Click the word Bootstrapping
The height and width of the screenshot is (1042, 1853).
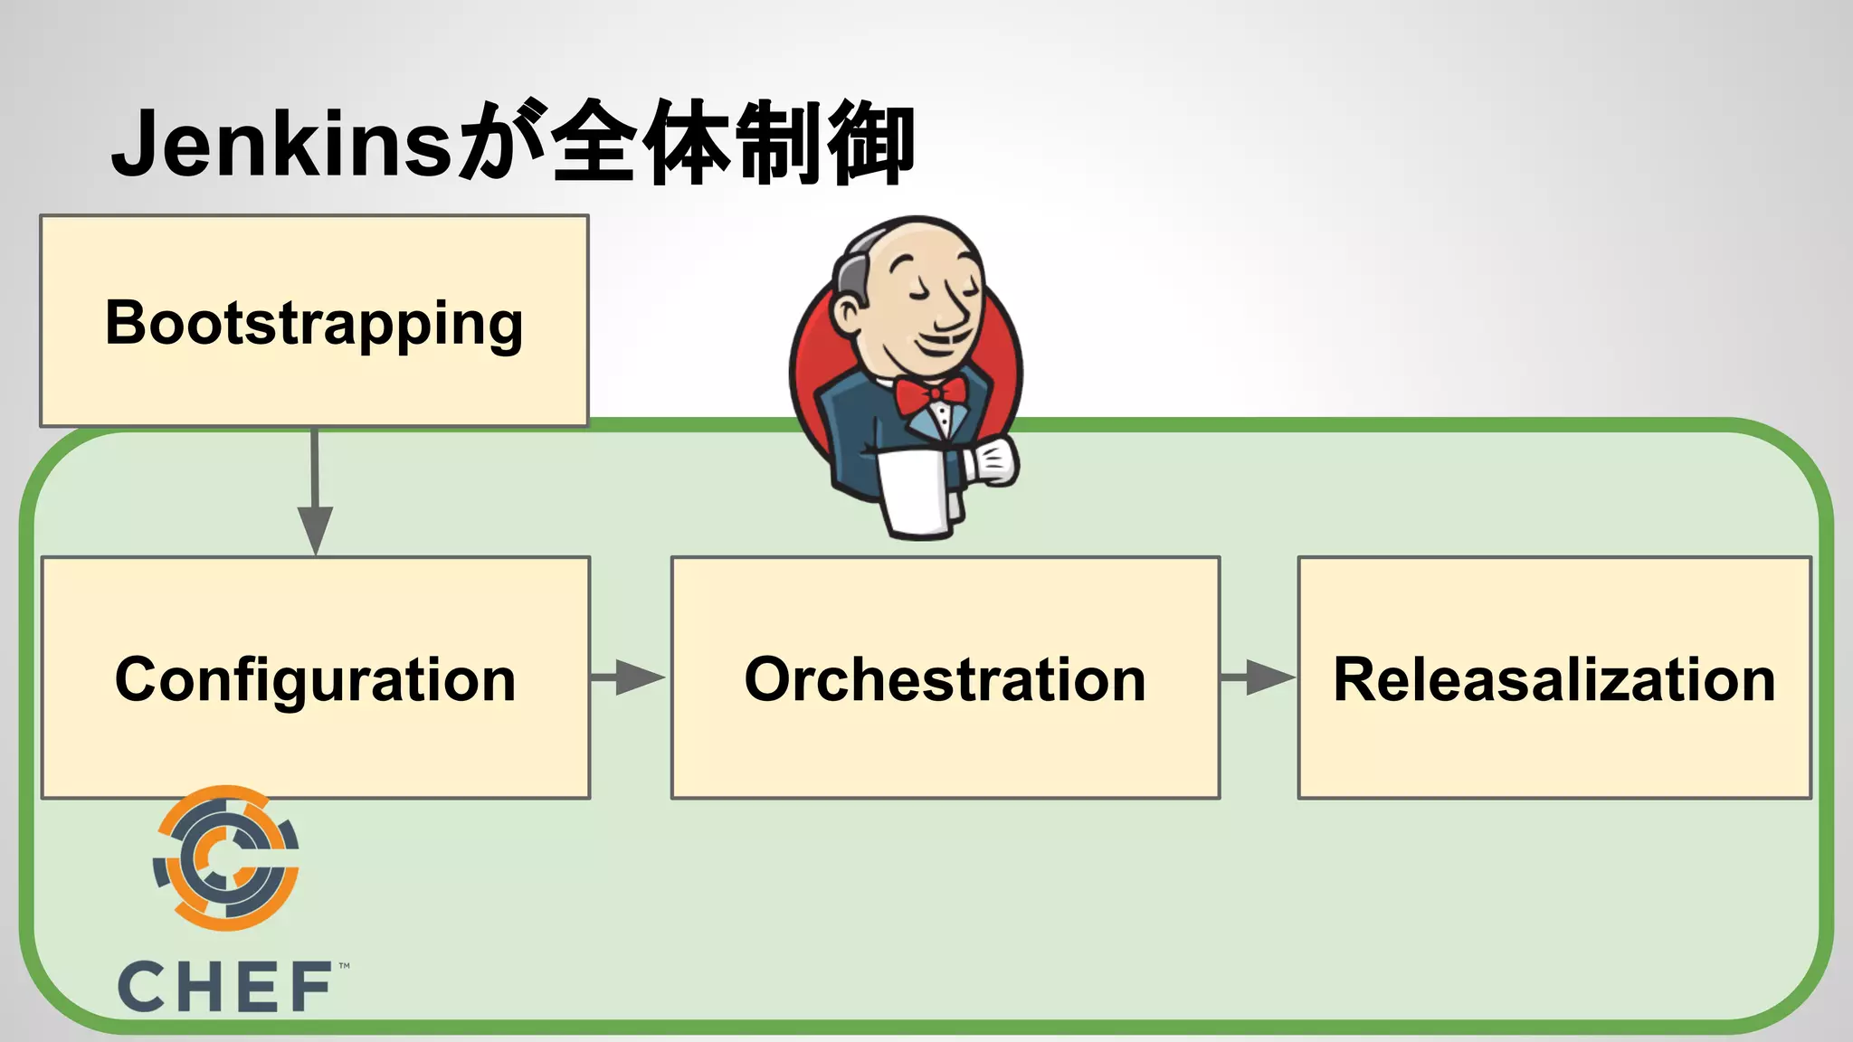[314, 323]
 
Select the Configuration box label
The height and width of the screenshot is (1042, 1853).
[315, 679]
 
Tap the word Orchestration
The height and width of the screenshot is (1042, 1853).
[945, 679]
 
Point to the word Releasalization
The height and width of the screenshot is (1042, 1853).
[1554, 679]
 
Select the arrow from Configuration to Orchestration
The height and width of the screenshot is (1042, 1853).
[629, 677]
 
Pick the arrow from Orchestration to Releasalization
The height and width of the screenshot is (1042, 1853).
[1258, 677]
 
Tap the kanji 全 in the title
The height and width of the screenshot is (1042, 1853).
[593, 143]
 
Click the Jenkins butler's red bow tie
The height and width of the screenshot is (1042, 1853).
[930, 394]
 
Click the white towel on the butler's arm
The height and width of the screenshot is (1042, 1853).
[916, 493]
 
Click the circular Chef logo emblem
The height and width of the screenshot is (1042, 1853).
[226, 857]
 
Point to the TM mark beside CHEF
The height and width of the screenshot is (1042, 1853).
[344, 966]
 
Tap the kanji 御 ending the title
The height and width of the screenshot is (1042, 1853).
[870, 143]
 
